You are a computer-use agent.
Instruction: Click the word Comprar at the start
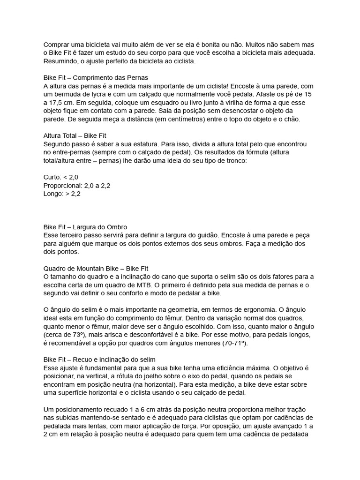[57, 44]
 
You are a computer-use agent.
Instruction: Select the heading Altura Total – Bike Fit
[75, 136]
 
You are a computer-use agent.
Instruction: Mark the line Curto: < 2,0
[61, 177]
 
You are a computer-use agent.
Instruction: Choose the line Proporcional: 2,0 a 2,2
[77, 186]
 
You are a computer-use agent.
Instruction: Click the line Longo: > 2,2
[62, 194]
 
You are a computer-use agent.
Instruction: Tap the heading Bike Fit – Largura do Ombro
[85, 227]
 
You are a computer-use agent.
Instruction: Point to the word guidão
[204, 235]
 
